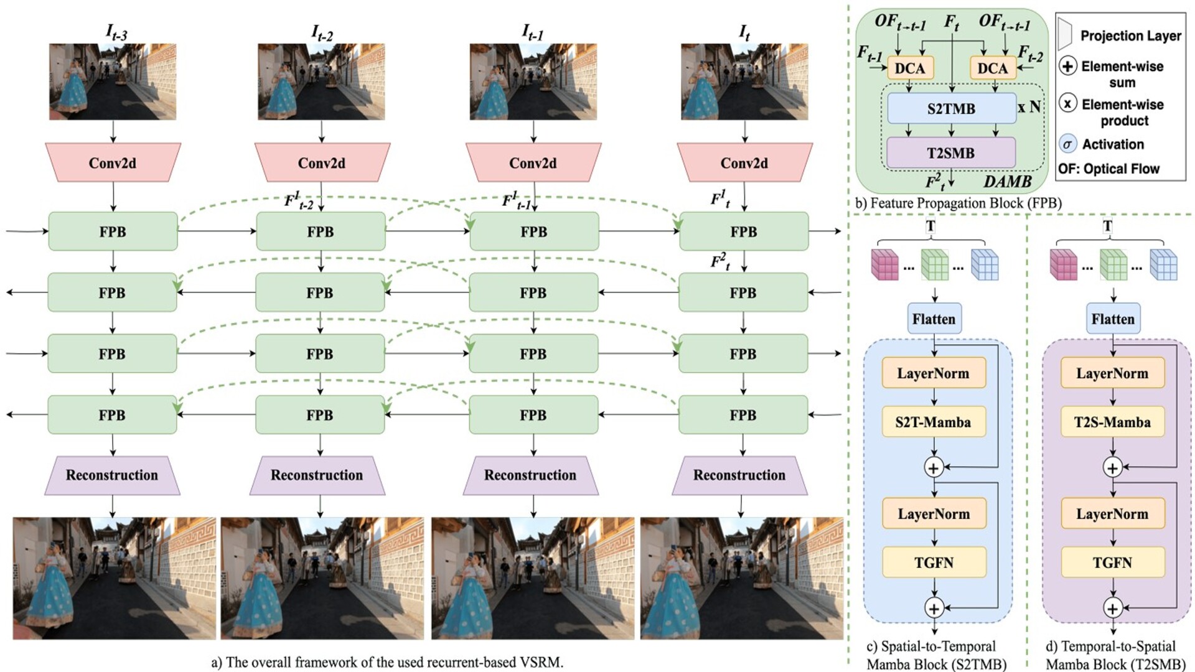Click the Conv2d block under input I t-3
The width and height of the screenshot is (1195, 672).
[x=113, y=163]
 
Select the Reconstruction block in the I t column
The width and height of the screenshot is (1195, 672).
[x=739, y=475]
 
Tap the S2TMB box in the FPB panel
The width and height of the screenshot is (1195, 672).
[x=951, y=109]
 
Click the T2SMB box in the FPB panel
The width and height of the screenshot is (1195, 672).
[x=950, y=153]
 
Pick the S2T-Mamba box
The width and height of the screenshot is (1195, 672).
[x=933, y=422]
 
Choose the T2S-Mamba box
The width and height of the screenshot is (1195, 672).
[x=1112, y=422]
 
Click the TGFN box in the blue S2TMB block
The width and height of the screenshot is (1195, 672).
[x=934, y=562]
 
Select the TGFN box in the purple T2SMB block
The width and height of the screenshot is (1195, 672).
[x=1112, y=562]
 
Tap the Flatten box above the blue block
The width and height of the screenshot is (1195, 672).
[x=934, y=319]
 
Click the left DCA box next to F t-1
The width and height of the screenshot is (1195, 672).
[x=910, y=68]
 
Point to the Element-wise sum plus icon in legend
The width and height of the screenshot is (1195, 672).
[x=1067, y=65]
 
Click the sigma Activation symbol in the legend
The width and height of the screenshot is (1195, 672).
[x=1067, y=144]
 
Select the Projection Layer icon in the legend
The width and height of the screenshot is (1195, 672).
[x=1065, y=34]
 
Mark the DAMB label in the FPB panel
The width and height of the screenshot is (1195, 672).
[x=1008, y=182]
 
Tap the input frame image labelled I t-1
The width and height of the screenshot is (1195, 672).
[x=533, y=82]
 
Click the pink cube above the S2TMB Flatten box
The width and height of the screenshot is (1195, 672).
[x=884, y=264]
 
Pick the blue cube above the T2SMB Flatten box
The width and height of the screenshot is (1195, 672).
[x=1163, y=264]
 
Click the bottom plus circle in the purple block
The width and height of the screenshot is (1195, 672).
[x=1113, y=608]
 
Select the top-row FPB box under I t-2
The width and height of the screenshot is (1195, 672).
[x=321, y=231]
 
